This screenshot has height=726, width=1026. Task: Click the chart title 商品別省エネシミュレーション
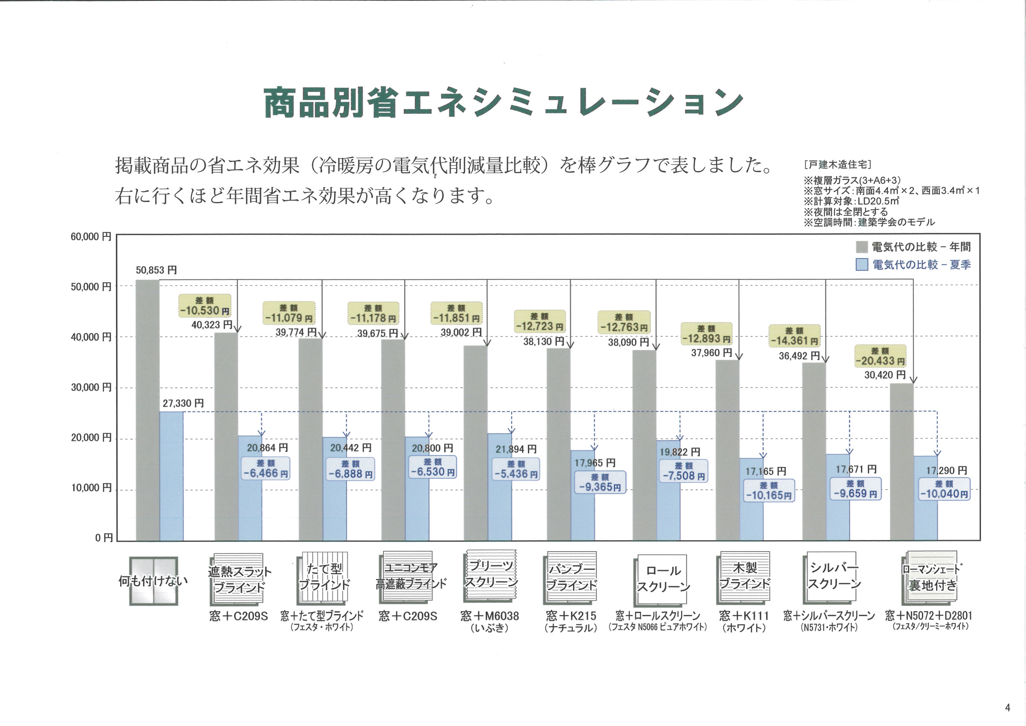[504, 102]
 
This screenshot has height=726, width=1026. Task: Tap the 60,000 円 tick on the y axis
[91, 237]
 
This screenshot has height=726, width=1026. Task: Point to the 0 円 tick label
[104, 538]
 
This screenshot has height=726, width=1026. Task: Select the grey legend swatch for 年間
[861, 247]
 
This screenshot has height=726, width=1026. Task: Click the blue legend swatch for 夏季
[861, 265]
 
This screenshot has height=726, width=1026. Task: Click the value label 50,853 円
[156, 270]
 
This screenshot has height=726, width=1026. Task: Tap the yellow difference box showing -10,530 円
[204, 306]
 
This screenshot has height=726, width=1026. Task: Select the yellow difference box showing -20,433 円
[880, 356]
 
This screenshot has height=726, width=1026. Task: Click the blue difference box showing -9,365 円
[600, 483]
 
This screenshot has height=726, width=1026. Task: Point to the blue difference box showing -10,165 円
[768, 491]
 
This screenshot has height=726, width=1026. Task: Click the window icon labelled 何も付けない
[153, 581]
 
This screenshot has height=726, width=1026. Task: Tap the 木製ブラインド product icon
[744, 578]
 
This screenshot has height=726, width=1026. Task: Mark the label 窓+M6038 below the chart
[490, 616]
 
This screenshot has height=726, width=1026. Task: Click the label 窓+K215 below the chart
[571, 616]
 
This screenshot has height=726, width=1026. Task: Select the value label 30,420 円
[885, 375]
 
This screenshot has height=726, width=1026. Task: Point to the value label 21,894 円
[516, 449]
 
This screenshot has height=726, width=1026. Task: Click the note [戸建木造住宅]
[838, 165]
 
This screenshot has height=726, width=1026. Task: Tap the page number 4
[1007, 707]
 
